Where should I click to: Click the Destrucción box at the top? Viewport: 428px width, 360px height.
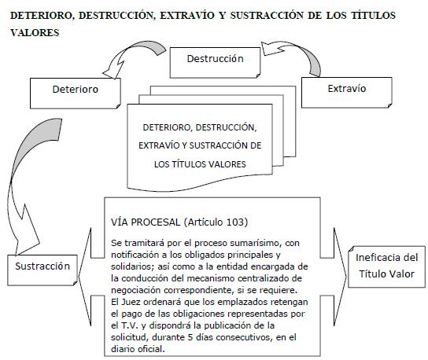pyautogui.click(x=215, y=63)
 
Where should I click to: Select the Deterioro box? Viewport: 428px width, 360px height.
pyautogui.click(x=76, y=94)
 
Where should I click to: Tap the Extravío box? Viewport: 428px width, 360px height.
pyautogui.click(x=347, y=93)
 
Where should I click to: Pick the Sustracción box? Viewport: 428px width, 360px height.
pyautogui.click(x=42, y=270)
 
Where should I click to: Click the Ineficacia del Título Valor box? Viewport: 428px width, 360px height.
pyautogui.click(x=387, y=266)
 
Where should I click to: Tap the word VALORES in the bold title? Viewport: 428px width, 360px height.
pyautogui.click(x=35, y=33)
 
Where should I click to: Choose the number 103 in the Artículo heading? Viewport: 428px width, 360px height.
pyautogui.click(x=233, y=222)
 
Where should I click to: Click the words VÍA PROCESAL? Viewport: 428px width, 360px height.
pyautogui.click(x=146, y=222)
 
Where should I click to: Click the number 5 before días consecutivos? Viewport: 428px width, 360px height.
pyautogui.click(x=190, y=337)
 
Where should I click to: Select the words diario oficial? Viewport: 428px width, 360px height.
pyautogui.click(x=138, y=349)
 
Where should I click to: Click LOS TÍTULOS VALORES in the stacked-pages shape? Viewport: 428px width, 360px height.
pyautogui.click(x=200, y=164)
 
